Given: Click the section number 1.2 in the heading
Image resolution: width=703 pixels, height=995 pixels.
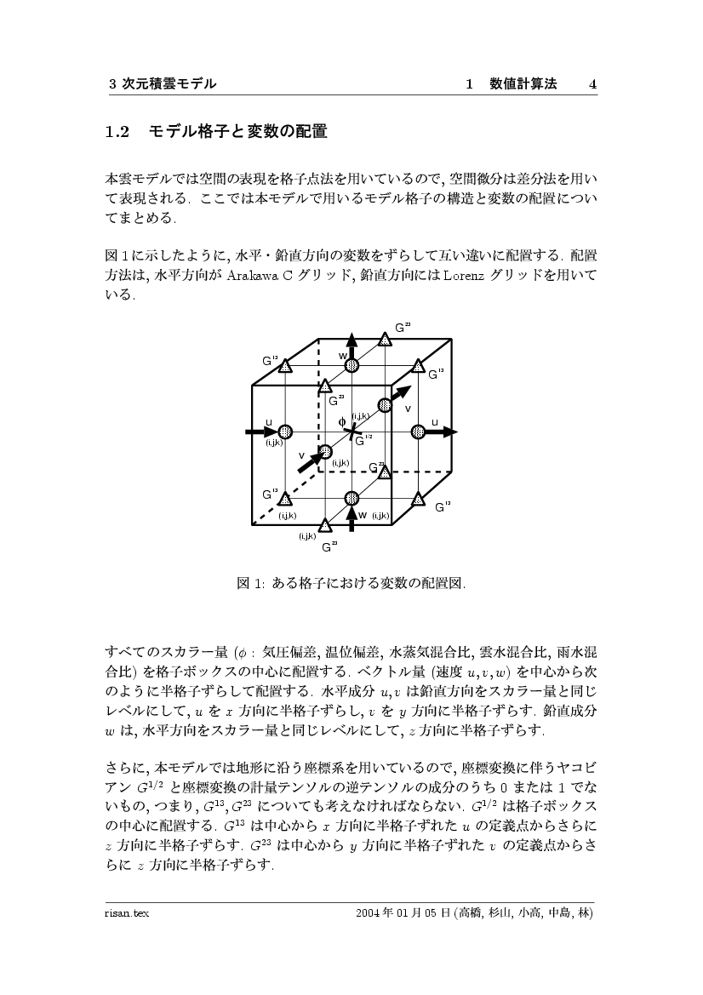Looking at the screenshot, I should tap(115, 132).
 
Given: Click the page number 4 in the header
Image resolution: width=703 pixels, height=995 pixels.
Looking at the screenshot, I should tap(592, 83).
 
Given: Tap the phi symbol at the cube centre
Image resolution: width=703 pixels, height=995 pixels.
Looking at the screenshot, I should tap(342, 421).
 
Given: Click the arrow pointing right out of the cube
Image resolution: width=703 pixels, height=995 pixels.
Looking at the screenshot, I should tap(439, 432).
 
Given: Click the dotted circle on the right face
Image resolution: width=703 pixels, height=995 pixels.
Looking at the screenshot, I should tap(417, 432).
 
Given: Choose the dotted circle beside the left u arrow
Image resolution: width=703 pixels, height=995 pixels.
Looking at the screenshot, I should tap(285, 432).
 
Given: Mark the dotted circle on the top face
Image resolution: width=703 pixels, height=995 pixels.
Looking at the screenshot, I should tap(351, 366).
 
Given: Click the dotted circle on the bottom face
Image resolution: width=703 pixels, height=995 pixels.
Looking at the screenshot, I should tap(351, 498).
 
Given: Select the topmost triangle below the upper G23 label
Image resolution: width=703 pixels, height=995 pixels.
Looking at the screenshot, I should tap(385, 340).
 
